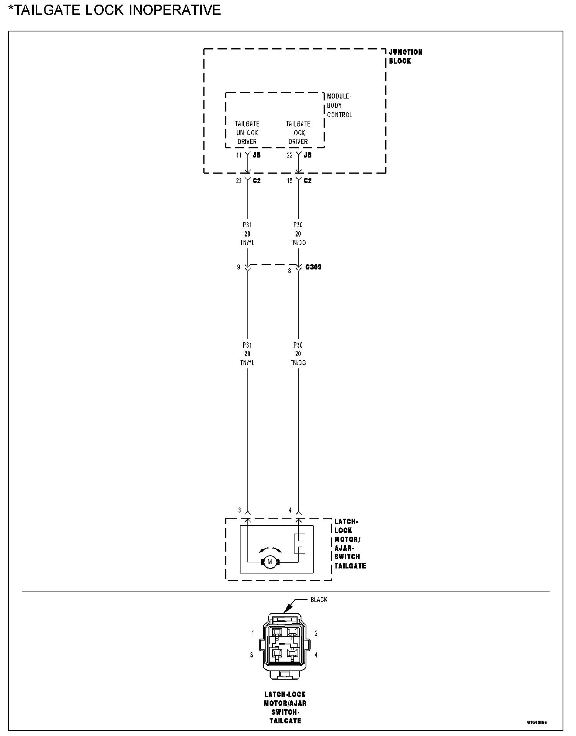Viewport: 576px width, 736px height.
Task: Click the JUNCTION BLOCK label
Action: coord(405,56)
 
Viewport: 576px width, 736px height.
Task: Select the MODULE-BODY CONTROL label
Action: coord(339,105)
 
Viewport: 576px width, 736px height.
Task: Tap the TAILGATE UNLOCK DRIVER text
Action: coord(247,133)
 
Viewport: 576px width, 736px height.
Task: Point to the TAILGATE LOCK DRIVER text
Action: coord(298,133)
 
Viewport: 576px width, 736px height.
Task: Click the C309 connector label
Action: coord(313,267)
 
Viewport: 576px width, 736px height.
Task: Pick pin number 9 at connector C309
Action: coord(239,267)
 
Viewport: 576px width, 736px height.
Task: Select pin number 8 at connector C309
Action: coord(290,271)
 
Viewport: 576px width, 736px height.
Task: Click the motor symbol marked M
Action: coord(270,562)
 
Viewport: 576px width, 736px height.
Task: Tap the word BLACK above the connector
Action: coord(319,600)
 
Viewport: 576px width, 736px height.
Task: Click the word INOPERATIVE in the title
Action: coord(175,10)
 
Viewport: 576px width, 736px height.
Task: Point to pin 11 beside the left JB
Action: coord(239,155)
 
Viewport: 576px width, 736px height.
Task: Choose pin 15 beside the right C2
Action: coord(290,181)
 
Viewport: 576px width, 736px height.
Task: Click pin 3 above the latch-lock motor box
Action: coord(240,510)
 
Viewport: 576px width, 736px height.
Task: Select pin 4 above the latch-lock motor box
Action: coord(290,510)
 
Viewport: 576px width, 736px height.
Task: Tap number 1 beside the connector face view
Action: coord(253,634)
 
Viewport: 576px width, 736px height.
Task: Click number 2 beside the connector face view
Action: coord(316,634)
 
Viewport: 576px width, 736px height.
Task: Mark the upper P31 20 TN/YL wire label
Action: coord(247,234)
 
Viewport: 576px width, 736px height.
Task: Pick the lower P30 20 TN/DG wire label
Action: coord(298,354)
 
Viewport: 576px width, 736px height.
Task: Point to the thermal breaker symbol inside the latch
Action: coord(299,543)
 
